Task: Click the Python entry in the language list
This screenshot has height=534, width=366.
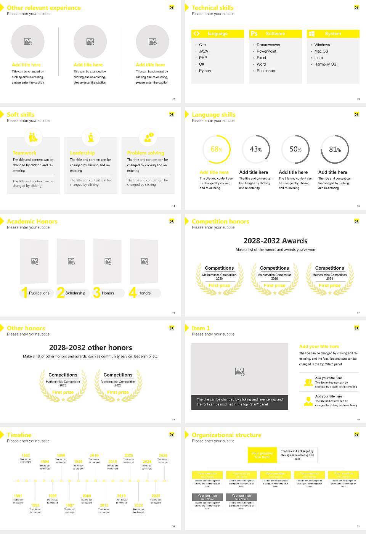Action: click(205, 71)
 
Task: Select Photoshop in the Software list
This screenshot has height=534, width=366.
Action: click(266, 71)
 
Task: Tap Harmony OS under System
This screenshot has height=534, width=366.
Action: click(325, 64)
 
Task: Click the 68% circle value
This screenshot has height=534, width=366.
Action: click(216, 150)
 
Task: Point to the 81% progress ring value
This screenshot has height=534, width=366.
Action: click(335, 150)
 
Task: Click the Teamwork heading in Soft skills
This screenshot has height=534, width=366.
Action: click(24, 153)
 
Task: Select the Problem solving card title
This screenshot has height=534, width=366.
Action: click(146, 153)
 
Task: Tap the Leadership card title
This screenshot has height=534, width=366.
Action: click(82, 153)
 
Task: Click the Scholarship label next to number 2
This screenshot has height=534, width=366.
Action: click(75, 293)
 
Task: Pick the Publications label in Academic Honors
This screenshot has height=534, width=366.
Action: click(39, 293)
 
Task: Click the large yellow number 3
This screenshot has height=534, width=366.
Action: click(96, 293)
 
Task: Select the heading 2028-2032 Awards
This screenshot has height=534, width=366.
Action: click(275, 241)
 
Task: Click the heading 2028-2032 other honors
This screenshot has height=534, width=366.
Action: click(90, 347)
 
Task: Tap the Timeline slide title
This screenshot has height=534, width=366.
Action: click(19, 435)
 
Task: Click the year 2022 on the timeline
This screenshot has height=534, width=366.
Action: click(138, 505)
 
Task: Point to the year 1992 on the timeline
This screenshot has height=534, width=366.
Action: click(26, 455)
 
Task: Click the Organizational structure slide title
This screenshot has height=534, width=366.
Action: click(226, 435)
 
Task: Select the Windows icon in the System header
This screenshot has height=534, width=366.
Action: click(312, 34)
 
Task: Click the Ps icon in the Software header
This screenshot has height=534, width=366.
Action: click(254, 34)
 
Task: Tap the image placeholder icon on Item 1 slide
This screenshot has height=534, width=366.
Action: click(240, 372)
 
